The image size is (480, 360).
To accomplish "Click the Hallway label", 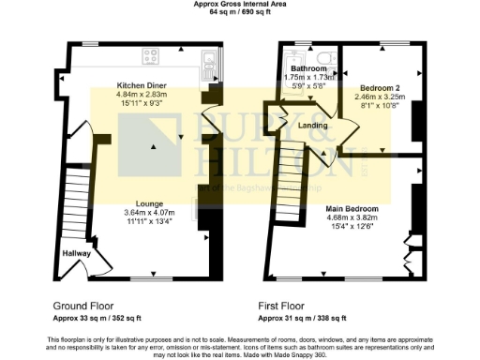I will point(77,253).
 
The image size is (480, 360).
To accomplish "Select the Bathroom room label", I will point(307,69).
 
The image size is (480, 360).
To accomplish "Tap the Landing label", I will point(312,125).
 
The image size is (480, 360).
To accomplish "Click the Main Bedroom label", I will point(352,208).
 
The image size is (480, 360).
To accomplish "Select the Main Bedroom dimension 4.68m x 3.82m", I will point(352,217).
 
